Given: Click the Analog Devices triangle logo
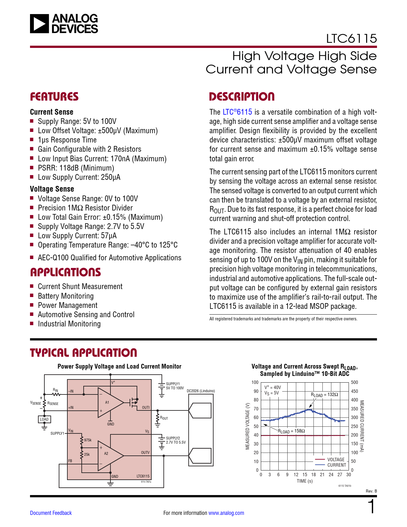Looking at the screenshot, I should click(x=40, y=24).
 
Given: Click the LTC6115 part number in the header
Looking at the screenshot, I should click(x=351, y=39).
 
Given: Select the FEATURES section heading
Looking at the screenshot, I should click(x=54, y=97).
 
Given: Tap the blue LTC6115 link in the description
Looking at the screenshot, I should click(x=237, y=112).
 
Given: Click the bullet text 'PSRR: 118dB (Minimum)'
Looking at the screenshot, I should click(x=76, y=168).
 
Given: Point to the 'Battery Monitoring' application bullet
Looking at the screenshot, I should click(x=66, y=296).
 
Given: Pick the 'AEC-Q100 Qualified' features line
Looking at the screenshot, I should click(x=109, y=258).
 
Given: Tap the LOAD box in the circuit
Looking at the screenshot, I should click(x=44, y=419).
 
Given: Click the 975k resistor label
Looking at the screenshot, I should click(x=88, y=440).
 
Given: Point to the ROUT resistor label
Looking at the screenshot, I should click(x=164, y=418).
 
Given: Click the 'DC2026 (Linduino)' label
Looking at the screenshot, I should click(x=201, y=391).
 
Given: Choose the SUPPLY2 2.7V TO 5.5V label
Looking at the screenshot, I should click(x=176, y=440).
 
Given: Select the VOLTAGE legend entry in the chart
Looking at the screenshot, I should click(x=336, y=460).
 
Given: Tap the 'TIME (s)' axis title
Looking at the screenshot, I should click(x=305, y=481).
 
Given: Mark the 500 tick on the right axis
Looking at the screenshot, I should click(x=354, y=382).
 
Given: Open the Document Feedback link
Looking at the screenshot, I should click(x=51, y=513).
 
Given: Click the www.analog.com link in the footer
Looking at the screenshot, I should click(x=226, y=513).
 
